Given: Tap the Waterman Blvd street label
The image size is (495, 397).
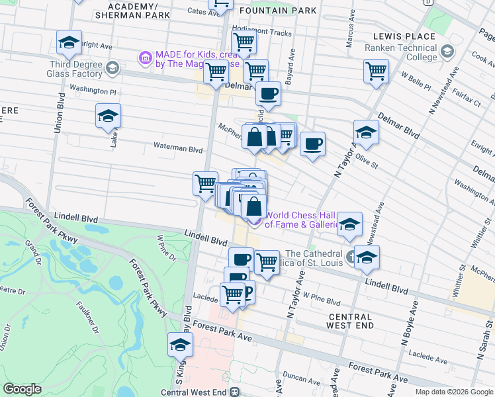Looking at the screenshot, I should (x=177, y=150).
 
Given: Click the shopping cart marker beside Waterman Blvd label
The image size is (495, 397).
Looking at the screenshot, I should (x=206, y=183).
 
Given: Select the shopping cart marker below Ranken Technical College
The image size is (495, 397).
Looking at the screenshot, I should (x=376, y=70).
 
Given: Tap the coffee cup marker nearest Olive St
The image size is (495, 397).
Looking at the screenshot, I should (x=312, y=143).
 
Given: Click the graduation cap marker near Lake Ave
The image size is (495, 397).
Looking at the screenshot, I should (x=109, y=116).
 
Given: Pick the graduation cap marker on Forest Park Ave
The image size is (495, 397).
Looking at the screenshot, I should (x=179, y=345).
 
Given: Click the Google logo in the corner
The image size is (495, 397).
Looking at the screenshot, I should (x=22, y=389).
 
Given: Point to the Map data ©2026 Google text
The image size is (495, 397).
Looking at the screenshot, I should (x=453, y=391).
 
